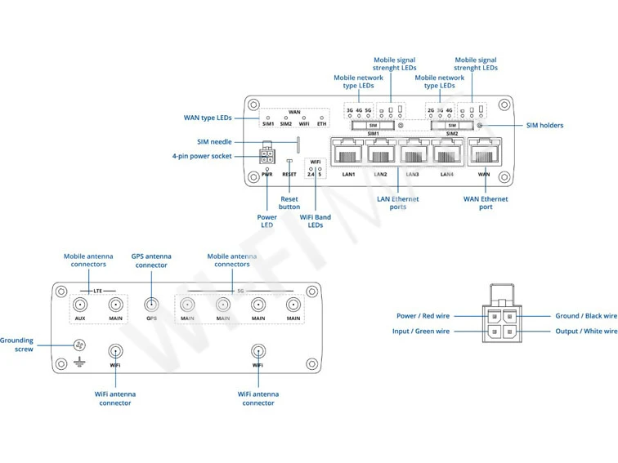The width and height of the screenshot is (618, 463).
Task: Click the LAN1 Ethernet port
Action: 347,152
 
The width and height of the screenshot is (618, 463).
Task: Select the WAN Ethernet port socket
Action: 483,152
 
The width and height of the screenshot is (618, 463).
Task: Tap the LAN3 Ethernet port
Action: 414,152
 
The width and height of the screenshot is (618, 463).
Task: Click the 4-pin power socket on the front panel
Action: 267,155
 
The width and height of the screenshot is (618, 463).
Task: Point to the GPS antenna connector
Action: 151,305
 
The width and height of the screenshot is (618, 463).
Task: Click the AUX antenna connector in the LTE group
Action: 80,305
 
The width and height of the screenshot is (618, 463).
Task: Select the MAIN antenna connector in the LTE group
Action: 115,305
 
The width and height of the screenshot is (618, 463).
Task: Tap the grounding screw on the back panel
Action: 80,345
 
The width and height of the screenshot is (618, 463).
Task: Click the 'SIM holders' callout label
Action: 544,126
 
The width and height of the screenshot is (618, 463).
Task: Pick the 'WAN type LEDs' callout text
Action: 207,118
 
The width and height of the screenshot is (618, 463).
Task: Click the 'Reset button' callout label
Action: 289,203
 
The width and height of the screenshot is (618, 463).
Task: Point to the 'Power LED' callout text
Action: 267,221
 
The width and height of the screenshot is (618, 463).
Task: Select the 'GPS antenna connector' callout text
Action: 151,260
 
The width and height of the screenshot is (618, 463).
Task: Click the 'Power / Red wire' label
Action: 423,316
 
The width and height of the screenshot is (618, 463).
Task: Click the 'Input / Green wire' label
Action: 421,332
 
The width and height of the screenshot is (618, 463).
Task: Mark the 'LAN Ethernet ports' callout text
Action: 397,203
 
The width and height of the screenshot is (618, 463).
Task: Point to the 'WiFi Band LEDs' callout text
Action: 316,221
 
